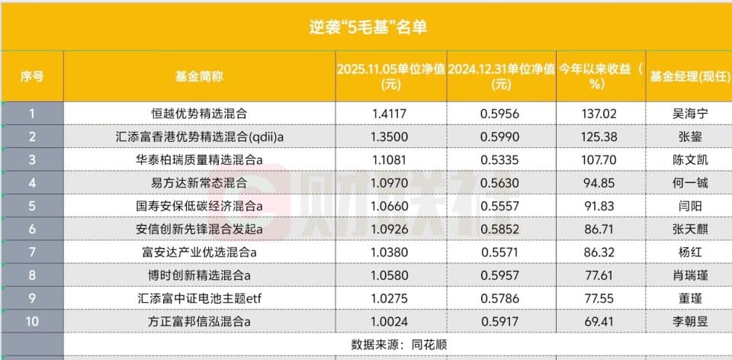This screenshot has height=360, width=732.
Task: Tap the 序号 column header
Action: (32, 76)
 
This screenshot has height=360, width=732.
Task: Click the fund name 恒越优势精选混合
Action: (199, 114)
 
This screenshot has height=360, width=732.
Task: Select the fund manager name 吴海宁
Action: (687, 114)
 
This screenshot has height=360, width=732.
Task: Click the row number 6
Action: (32, 229)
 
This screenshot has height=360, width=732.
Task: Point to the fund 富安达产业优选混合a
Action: (199, 252)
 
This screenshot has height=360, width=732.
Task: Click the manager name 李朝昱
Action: (687, 321)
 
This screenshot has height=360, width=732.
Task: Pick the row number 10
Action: (32, 321)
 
